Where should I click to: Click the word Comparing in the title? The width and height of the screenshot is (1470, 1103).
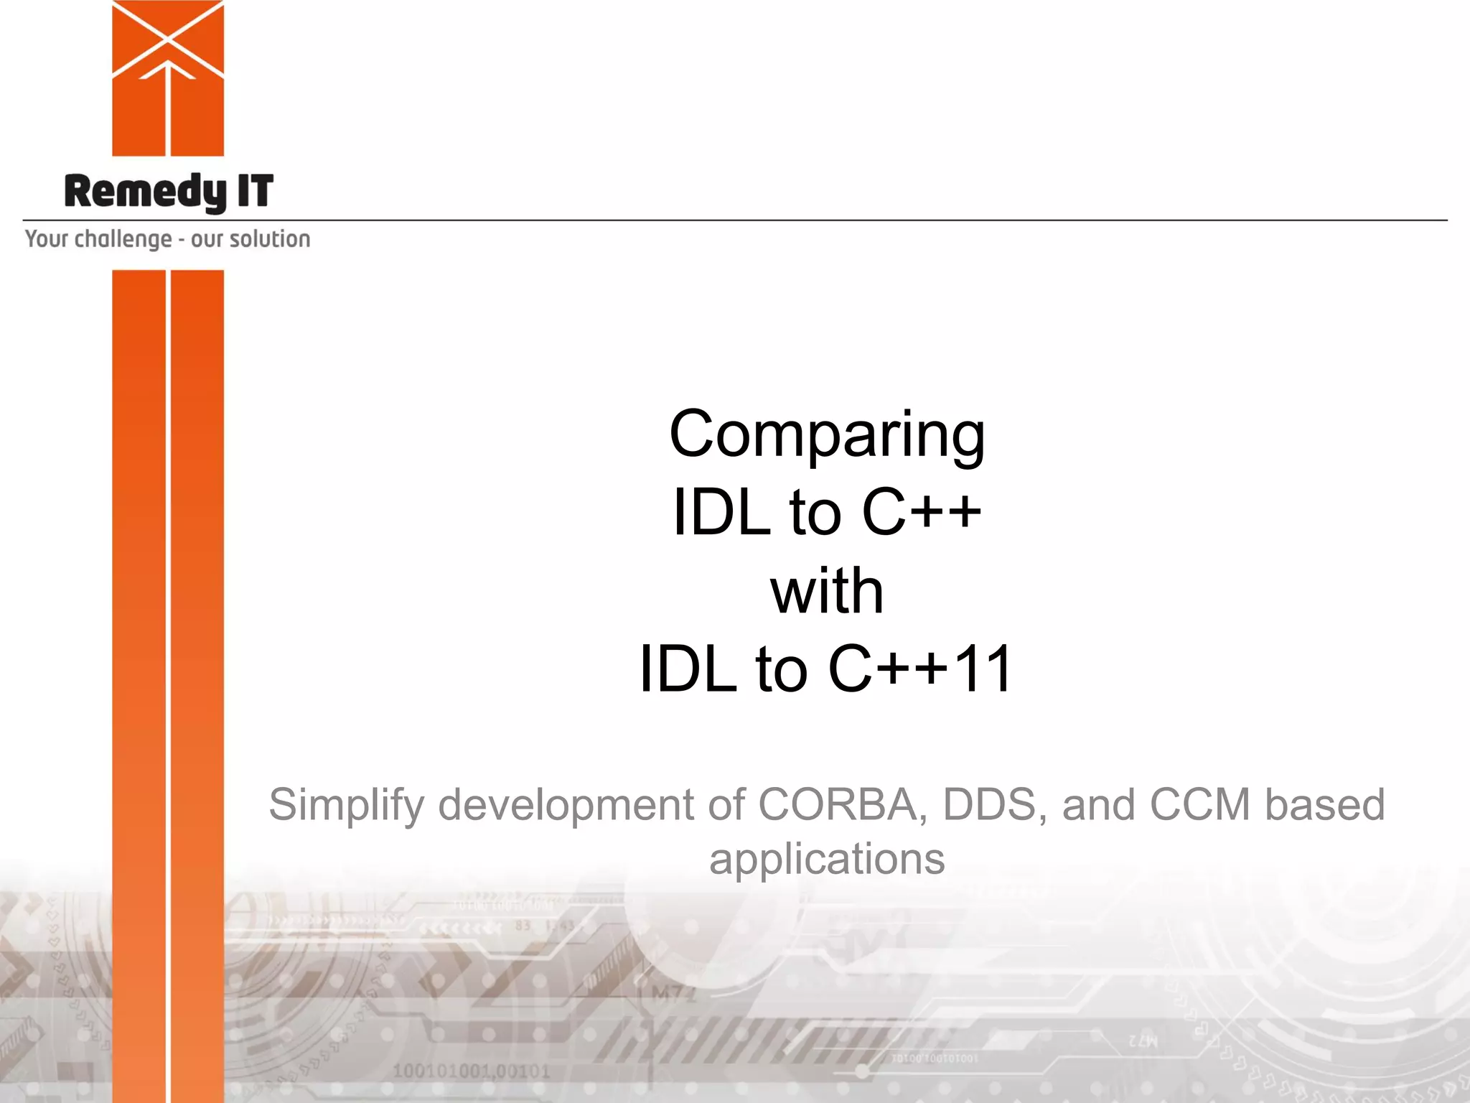click(x=827, y=435)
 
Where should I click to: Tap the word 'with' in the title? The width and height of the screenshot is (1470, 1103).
click(x=827, y=591)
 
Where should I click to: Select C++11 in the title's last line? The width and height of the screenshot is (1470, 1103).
click(x=920, y=669)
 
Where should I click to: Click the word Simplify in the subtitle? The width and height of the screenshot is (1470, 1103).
click(x=347, y=806)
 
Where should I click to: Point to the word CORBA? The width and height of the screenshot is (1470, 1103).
click(x=837, y=804)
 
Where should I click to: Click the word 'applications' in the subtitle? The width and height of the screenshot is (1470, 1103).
click(x=827, y=860)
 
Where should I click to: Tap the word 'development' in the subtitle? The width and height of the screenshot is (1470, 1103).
click(x=566, y=804)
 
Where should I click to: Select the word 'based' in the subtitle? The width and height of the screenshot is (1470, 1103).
click(x=1325, y=804)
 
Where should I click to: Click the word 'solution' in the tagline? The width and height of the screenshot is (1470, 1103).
click(x=269, y=238)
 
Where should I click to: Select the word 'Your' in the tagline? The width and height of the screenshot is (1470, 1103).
click(x=47, y=238)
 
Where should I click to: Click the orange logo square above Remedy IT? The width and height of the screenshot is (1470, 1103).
click(x=168, y=78)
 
